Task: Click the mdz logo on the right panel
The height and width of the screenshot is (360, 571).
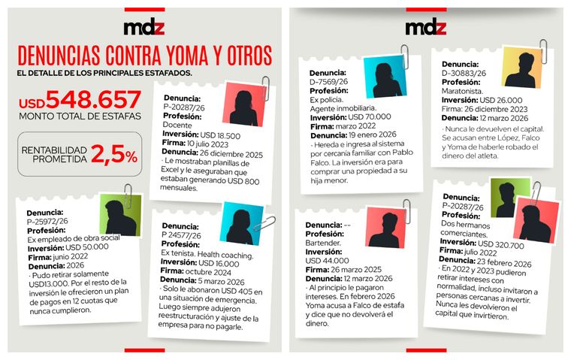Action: (x=426, y=29)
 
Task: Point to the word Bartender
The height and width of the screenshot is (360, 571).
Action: (x=325, y=244)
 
